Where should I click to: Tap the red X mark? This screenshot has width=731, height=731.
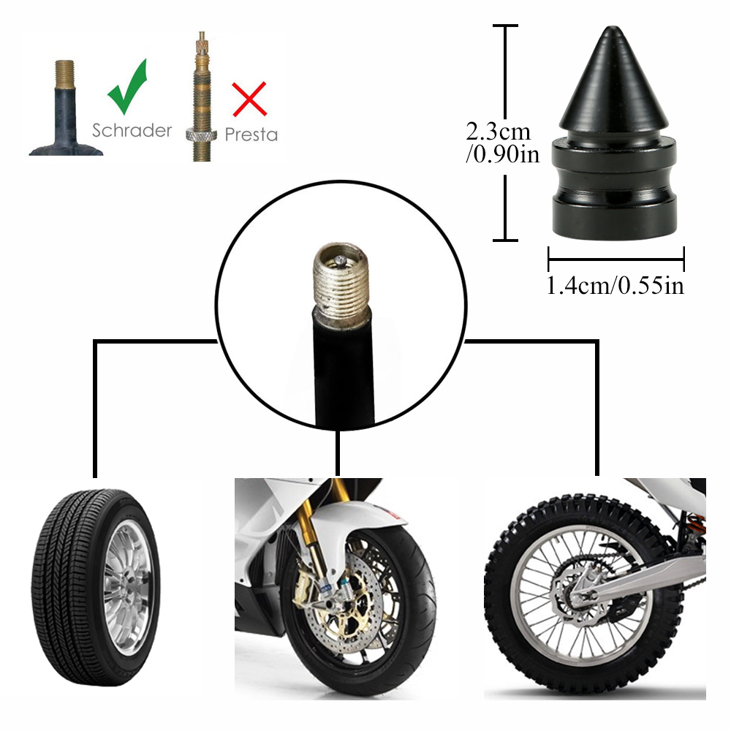tap(249, 99)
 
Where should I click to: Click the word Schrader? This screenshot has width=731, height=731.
tap(132, 130)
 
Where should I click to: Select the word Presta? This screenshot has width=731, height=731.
tap(251, 135)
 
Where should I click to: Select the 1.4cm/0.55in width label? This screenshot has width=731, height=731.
tap(616, 285)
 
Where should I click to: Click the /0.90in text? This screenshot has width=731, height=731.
tap(502, 155)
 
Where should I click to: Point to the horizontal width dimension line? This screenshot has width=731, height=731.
tap(616, 258)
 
